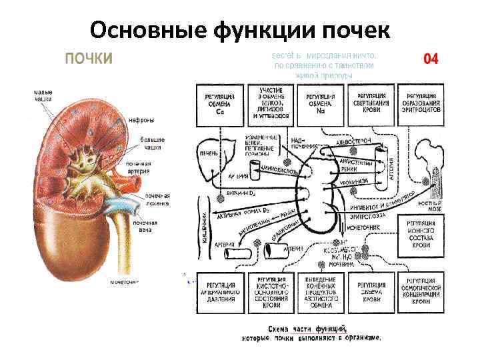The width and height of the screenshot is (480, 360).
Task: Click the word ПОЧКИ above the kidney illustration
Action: click(88, 58)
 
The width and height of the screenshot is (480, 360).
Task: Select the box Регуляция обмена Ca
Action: click(219, 105)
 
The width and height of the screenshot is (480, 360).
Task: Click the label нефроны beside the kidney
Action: click(141, 121)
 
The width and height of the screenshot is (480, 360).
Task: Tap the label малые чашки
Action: click(43, 95)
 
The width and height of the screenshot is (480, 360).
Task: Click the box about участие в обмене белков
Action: click(271, 105)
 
